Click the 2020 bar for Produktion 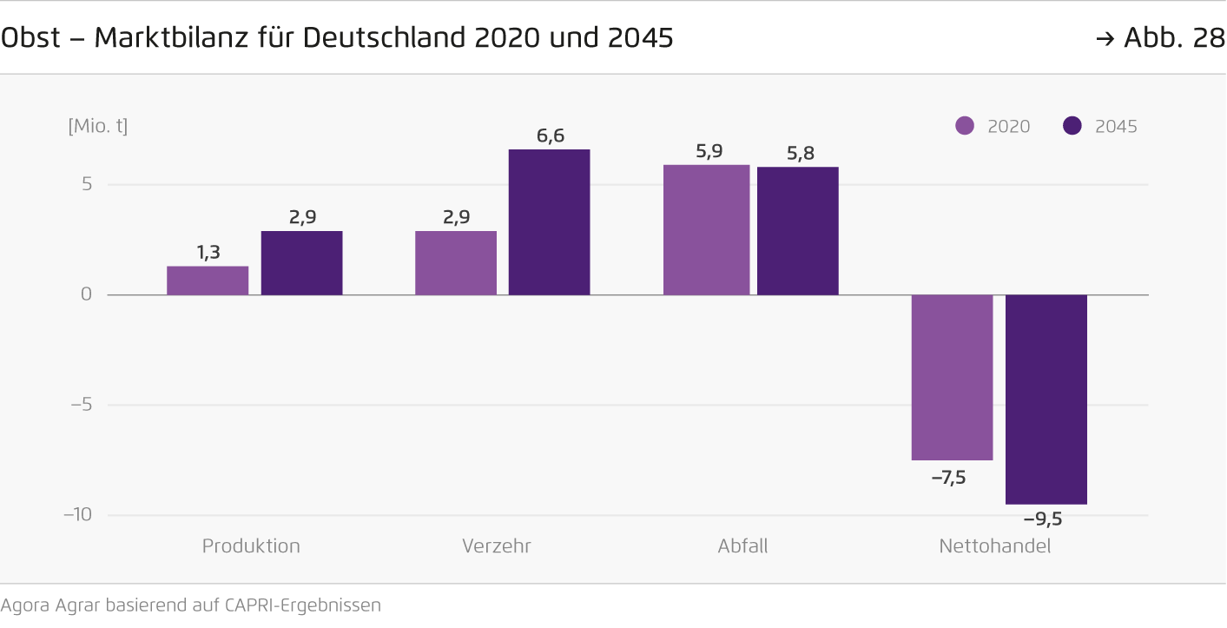click(208, 281)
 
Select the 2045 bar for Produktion click(301, 263)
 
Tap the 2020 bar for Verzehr click(456, 263)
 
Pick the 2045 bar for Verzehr click(549, 222)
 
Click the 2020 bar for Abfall click(706, 230)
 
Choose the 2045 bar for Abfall click(797, 231)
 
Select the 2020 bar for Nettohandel click(952, 377)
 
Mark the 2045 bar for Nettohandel click(1046, 400)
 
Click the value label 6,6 click(551, 136)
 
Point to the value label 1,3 click(208, 253)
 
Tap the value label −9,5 click(1043, 519)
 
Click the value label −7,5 click(948, 477)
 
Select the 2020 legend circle click(965, 126)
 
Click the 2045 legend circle click(1072, 126)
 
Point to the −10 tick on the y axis click(77, 514)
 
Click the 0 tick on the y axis click(86, 294)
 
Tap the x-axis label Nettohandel click(994, 546)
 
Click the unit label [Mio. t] click(98, 126)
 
